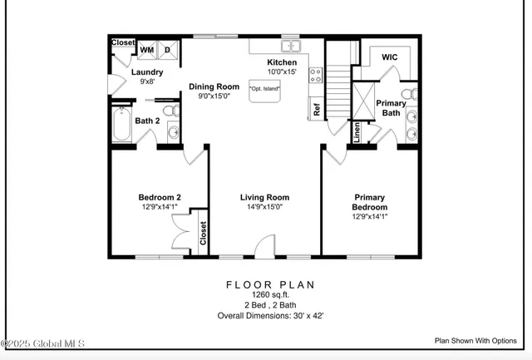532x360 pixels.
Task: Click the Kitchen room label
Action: click(281, 63)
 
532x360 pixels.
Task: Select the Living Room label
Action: click(264, 197)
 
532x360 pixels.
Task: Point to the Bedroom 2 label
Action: click(160, 197)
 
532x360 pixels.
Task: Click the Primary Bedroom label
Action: click(369, 202)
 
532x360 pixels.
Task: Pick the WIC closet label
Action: click(391, 57)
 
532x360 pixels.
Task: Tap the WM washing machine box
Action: click(147, 50)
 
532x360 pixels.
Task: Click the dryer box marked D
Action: click(167, 50)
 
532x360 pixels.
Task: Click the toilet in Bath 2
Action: click(169, 110)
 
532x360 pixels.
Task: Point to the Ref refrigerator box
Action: click(316, 108)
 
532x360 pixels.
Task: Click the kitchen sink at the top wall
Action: click(290, 46)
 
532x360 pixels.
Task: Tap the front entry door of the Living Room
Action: click(264, 245)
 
